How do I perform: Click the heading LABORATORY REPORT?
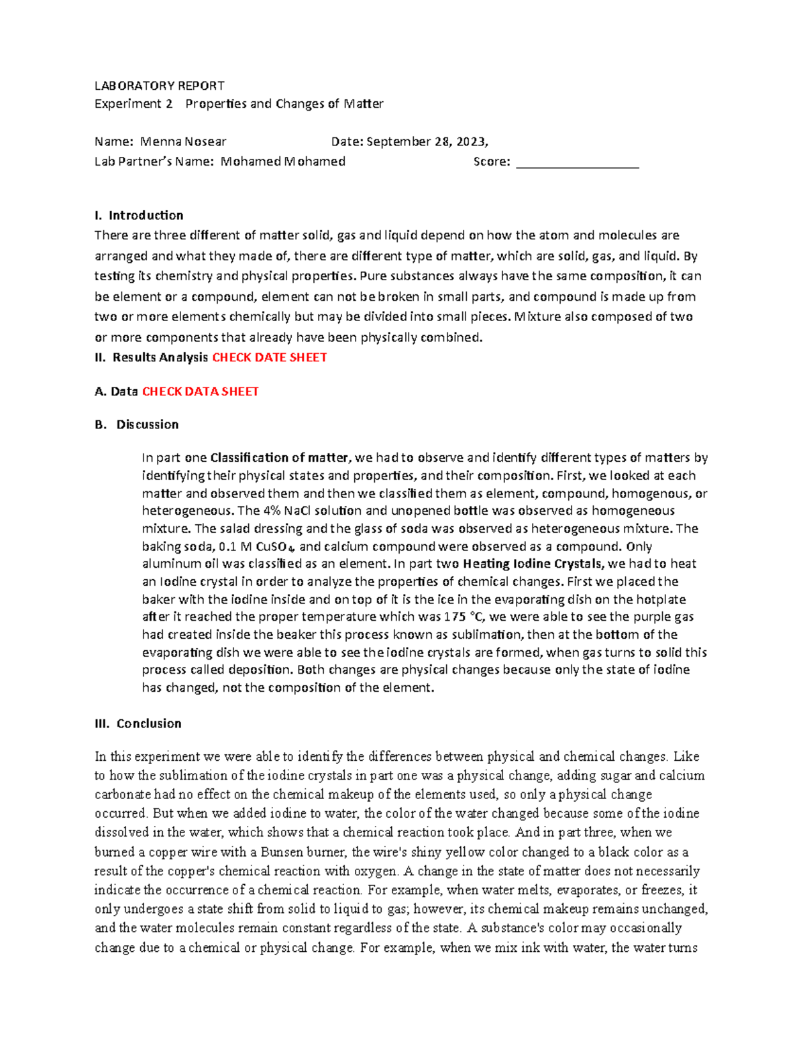click(159, 86)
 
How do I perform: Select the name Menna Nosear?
click(182, 141)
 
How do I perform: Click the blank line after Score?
click(577, 163)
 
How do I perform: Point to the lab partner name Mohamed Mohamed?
click(282, 162)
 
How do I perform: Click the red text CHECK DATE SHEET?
click(269, 358)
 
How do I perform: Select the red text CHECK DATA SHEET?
click(200, 391)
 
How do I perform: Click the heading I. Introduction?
click(139, 215)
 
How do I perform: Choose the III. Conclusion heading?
click(138, 723)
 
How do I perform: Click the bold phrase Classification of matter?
click(280, 458)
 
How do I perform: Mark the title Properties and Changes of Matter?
click(284, 104)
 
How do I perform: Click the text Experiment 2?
click(133, 104)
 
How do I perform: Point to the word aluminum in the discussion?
click(169, 564)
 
